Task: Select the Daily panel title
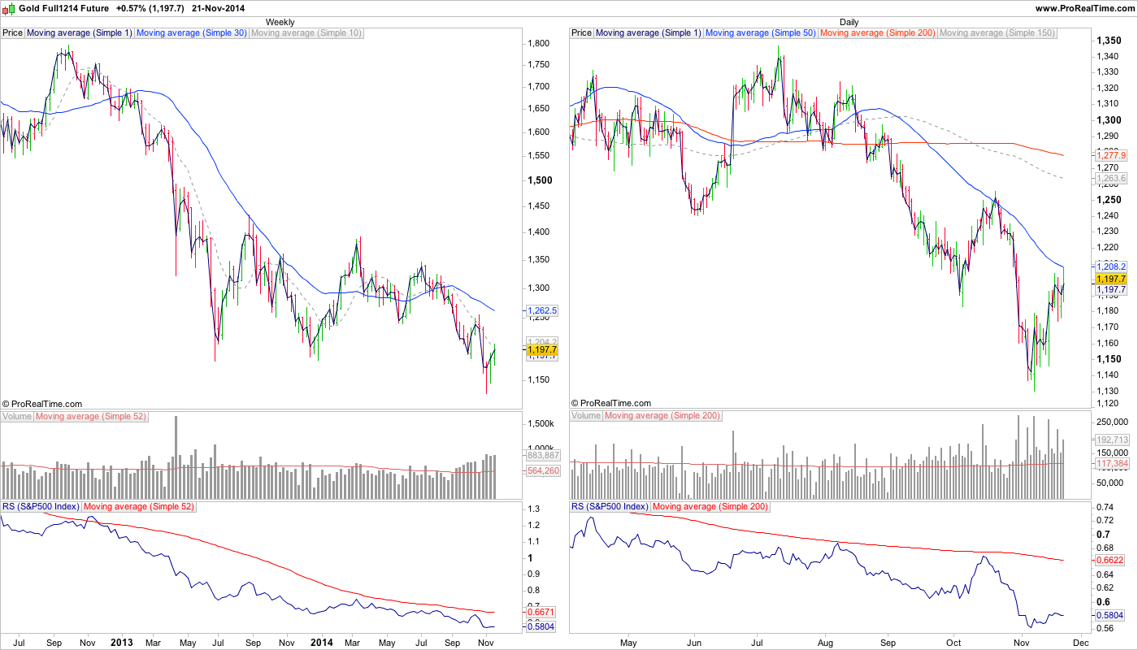pos(849,22)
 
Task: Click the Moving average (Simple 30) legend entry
pos(191,33)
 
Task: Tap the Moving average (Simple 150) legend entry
pos(997,33)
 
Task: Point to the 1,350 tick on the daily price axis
pos(1110,40)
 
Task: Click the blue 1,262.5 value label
pos(542,310)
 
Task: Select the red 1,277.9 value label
pos(1111,154)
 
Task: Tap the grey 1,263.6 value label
pos(1111,178)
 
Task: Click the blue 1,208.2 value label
pos(1111,266)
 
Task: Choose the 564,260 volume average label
pos(542,470)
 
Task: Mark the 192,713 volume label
pos(1111,439)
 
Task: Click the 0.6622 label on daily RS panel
pos(1111,560)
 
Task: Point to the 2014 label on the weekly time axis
pos(323,642)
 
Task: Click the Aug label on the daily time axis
pos(826,642)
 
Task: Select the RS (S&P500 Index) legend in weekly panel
pos(41,506)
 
